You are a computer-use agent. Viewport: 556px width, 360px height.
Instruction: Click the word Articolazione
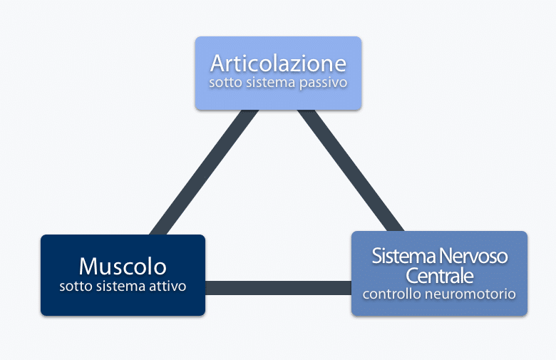tap(278, 63)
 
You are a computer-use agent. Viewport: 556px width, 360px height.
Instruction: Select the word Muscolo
tap(123, 267)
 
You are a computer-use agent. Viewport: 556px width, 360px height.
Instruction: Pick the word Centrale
tap(439, 276)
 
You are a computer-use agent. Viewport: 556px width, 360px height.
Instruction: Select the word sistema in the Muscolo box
tap(120, 287)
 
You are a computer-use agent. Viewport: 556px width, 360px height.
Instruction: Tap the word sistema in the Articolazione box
tap(271, 83)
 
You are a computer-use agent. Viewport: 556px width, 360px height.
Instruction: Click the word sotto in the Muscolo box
tap(76, 287)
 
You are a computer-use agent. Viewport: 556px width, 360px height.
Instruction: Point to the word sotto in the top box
tap(226, 83)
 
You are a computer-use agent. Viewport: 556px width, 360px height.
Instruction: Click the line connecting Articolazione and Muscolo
tap(204, 173)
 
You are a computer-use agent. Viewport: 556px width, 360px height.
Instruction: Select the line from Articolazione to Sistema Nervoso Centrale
tap(350, 170)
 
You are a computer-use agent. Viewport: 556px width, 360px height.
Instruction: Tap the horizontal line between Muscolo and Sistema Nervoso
tap(278, 288)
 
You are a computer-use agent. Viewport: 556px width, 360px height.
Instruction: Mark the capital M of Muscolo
tap(88, 266)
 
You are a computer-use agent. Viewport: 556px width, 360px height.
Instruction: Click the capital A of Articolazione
tap(217, 63)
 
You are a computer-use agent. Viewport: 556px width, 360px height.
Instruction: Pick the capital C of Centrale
tap(412, 276)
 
